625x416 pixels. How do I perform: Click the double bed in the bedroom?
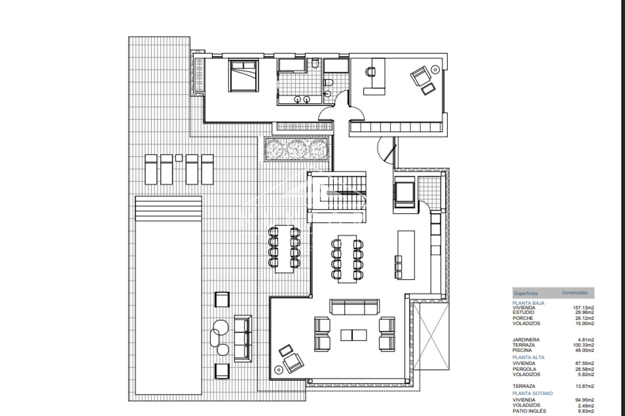tap(243, 75)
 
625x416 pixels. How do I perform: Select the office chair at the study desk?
tap(371, 71)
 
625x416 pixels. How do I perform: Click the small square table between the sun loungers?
tap(178, 158)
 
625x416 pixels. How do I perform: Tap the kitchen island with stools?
tap(406, 255)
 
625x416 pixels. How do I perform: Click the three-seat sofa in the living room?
tap(354, 307)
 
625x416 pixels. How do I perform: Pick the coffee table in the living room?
tap(354, 335)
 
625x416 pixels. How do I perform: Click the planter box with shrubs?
tap(296, 149)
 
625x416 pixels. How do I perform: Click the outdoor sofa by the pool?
tap(243, 338)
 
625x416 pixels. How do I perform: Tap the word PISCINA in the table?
tap(522, 350)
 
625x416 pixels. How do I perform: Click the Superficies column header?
tap(526, 293)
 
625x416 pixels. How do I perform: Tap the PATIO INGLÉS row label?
tap(529, 411)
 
